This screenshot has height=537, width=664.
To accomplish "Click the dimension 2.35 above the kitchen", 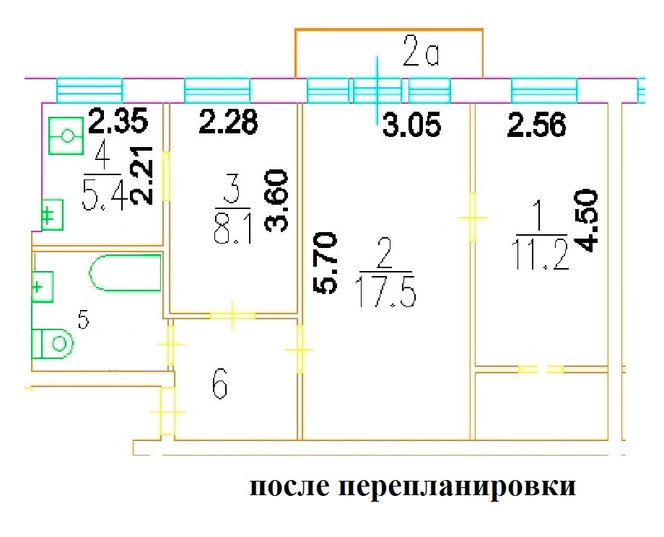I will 118,120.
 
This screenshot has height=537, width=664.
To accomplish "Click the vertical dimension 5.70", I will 326,262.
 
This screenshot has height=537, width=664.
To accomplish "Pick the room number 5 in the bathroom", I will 84,320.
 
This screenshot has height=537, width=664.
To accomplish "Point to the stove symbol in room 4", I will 67,136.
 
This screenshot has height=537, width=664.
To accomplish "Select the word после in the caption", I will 289,488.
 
